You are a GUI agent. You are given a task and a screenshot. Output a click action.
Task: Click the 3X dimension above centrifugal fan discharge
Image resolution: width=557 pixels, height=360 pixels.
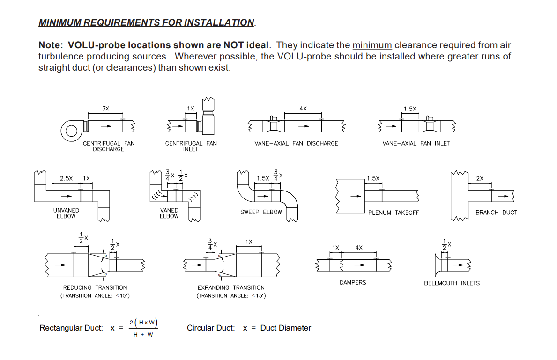point(105,108)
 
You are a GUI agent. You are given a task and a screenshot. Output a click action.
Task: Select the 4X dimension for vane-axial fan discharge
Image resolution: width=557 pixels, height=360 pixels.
point(303,108)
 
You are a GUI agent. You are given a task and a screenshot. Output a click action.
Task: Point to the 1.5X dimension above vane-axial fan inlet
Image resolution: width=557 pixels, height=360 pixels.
point(410,109)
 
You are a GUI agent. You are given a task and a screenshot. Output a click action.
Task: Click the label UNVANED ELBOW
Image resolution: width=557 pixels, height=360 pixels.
point(66,213)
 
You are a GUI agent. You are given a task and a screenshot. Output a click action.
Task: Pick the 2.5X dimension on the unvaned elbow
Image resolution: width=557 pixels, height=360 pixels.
point(67,178)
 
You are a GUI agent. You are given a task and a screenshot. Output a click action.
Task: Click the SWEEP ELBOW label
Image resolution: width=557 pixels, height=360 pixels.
point(261,212)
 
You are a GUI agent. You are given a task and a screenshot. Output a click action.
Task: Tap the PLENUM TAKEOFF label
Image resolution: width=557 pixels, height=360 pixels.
point(394,213)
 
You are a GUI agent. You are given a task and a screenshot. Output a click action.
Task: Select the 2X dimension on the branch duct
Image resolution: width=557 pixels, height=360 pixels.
point(480,178)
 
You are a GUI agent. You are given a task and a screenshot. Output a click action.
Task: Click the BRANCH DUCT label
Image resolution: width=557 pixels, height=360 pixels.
point(496,213)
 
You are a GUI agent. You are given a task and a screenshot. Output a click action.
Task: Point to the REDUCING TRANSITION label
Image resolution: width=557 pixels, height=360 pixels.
point(95,287)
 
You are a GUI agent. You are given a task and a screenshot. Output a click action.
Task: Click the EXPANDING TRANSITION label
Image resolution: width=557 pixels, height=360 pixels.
point(231,287)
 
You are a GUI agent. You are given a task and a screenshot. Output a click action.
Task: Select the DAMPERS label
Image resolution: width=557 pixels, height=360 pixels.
point(353,283)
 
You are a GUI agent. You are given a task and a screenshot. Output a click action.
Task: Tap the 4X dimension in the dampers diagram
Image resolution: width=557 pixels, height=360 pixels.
point(359,247)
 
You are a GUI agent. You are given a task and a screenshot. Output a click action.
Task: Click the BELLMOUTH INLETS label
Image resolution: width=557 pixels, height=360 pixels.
point(452,283)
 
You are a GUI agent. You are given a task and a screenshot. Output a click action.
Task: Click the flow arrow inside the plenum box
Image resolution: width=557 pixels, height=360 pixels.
point(356,196)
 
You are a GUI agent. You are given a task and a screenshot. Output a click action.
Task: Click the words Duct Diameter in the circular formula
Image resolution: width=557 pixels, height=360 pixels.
point(285,328)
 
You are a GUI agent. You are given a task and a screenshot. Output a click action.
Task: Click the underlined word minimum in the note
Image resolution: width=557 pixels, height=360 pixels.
point(372,45)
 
